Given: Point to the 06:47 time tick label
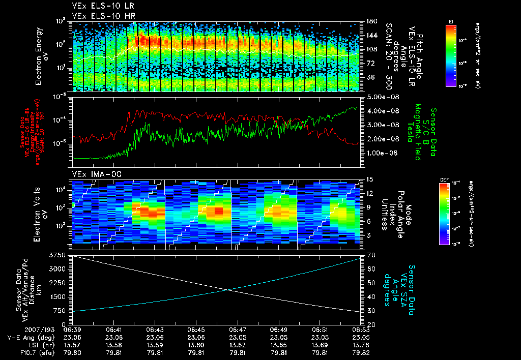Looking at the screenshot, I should coord(237,329).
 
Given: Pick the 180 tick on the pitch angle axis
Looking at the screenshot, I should coord(371,21).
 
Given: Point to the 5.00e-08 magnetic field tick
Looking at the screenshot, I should coord(378,97).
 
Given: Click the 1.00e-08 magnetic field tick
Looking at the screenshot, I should coord(378,153).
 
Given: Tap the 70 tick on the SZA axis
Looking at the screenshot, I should coord(369,255).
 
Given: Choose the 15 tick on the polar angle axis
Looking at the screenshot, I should coord(369,179).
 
